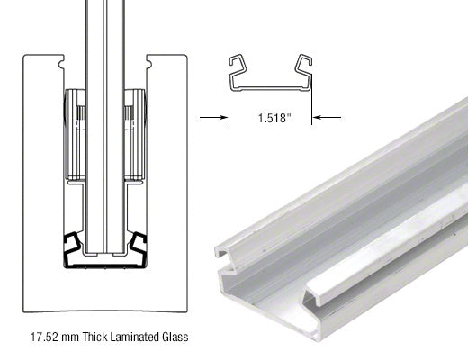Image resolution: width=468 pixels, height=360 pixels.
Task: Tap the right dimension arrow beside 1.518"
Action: [327, 116]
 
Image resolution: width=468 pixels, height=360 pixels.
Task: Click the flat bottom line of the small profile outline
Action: [270, 90]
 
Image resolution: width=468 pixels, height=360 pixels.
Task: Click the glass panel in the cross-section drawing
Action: [106, 135]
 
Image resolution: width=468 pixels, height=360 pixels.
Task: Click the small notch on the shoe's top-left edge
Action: [61, 65]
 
